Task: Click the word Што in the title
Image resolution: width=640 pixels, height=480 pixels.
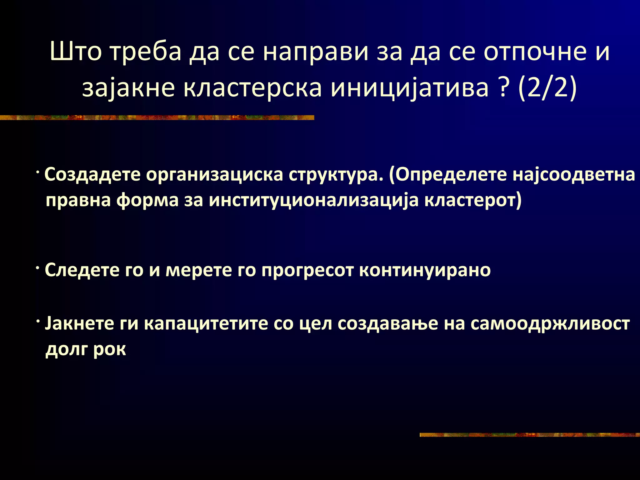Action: point(75,52)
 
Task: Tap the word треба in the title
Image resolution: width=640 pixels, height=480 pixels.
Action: point(146,52)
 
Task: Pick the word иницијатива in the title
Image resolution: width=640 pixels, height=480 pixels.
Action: point(409,88)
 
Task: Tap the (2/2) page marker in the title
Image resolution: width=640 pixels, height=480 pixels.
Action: point(547,88)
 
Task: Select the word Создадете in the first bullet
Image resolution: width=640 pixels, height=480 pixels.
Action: point(92,174)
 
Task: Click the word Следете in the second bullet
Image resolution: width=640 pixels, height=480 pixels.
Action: point(82,270)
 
